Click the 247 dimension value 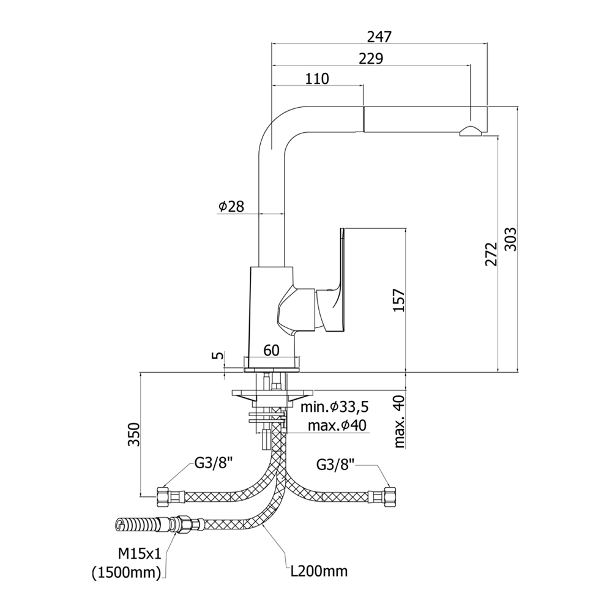379,37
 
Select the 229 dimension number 371,59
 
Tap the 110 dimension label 317,79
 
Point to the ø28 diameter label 231,206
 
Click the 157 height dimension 399,300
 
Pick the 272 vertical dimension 491,254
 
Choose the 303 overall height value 510,239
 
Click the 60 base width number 271,351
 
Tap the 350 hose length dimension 134,434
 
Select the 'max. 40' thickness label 399,421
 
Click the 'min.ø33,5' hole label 335,407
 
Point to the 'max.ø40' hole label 337,425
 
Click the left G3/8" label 214,464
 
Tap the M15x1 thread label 140,553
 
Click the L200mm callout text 319,572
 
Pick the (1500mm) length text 127,573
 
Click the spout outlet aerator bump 471,131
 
